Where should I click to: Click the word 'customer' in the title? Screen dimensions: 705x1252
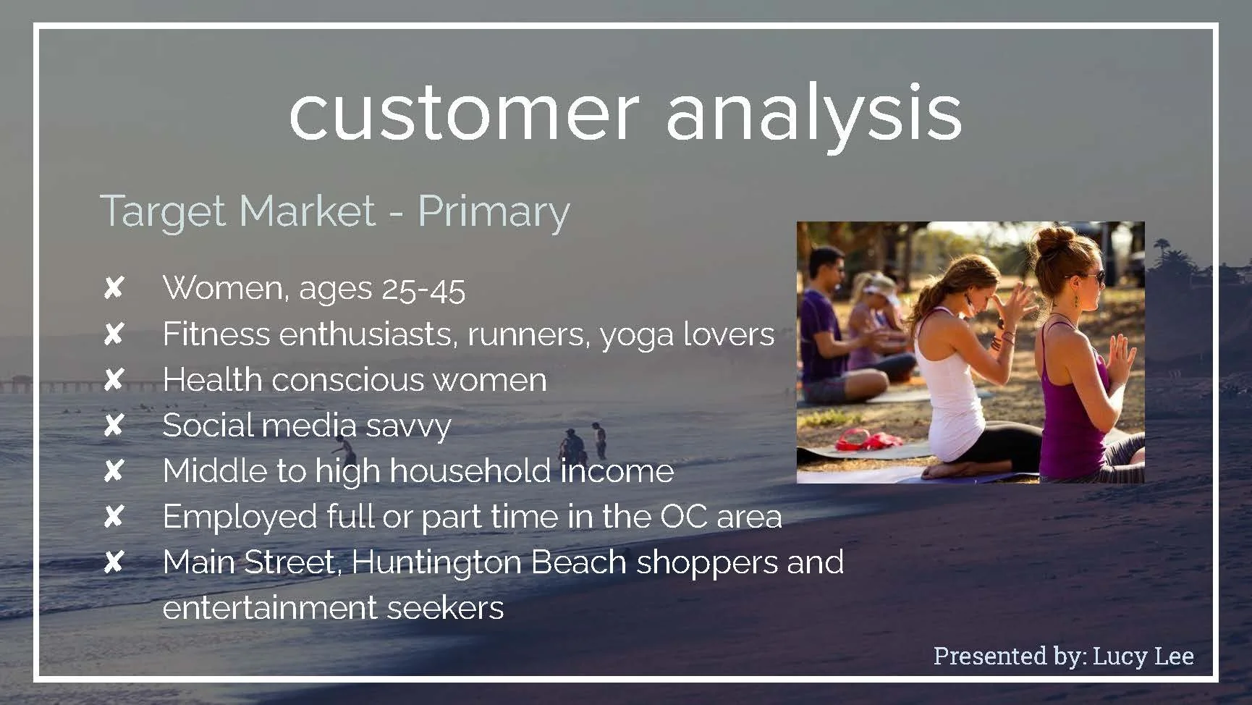[463, 114]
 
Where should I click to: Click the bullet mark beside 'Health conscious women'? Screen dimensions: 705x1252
[114, 380]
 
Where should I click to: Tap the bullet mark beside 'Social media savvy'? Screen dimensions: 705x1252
[114, 426]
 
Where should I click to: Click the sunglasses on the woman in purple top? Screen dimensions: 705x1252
[1089, 276]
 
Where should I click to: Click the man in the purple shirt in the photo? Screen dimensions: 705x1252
[825, 326]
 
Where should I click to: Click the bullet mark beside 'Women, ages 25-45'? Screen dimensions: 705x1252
[114, 289]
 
